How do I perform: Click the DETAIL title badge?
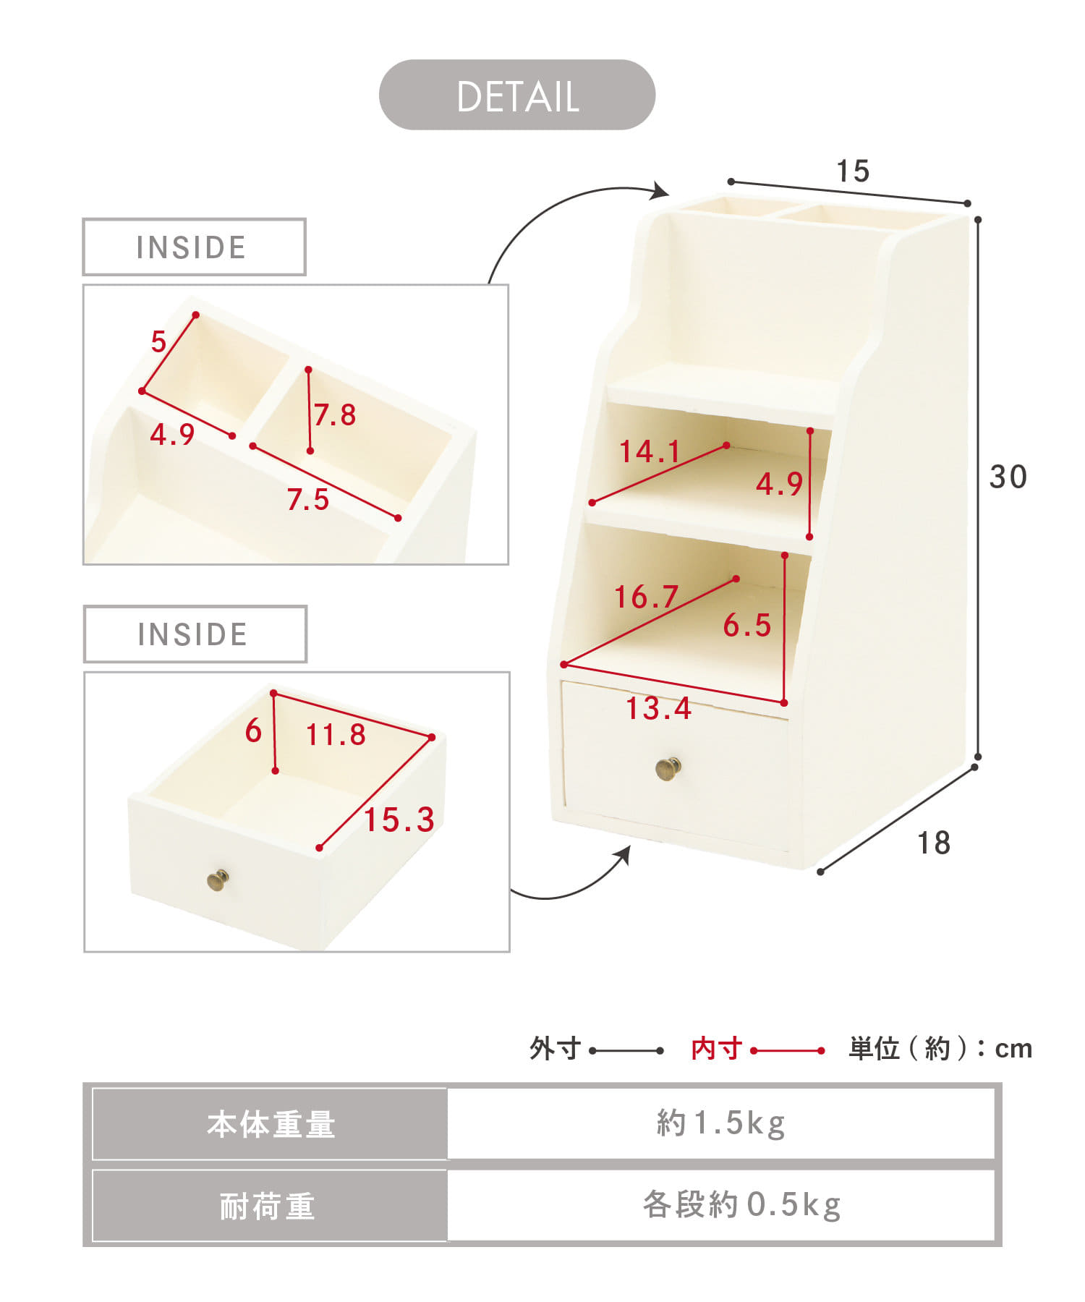pos(517,95)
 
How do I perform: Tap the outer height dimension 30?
pos(1008,477)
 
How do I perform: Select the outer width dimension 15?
pos(853,171)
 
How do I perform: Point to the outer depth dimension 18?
pos(934,843)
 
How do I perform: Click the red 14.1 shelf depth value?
pos(650,451)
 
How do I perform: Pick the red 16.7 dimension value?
pos(646,597)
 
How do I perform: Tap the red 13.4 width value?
pos(658,708)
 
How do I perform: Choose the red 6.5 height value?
pos(747,626)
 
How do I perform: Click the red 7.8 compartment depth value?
pos(335,415)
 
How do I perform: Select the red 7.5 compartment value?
pos(308,500)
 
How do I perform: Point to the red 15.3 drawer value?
pos(399,820)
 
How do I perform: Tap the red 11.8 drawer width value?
pos(336,735)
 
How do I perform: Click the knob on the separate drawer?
pos(218,880)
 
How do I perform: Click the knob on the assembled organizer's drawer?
pos(668,768)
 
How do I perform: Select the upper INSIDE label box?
pos(194,247)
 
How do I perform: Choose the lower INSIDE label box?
pos(195,634)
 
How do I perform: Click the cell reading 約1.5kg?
pos(721,1123)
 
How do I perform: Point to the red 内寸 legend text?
pos(717,1048)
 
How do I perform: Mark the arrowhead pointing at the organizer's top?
pos(660,191)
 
